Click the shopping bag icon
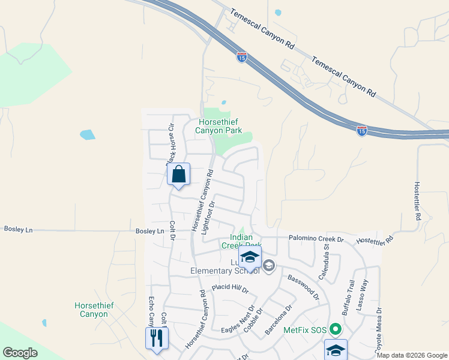coord(178,175)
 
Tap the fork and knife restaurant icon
coord(157,338)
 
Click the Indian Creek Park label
coord(242,241)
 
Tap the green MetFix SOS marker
coord(336,329)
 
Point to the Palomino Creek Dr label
coord(315,239)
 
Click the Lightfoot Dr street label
coord(208,217)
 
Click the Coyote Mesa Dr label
coord(378,331)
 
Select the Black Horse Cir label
coord(170,143)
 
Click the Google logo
coord(20,353)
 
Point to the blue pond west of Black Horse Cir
coord(87,134)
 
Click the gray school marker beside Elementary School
coord(269,265)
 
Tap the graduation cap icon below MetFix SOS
coord(336,349)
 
